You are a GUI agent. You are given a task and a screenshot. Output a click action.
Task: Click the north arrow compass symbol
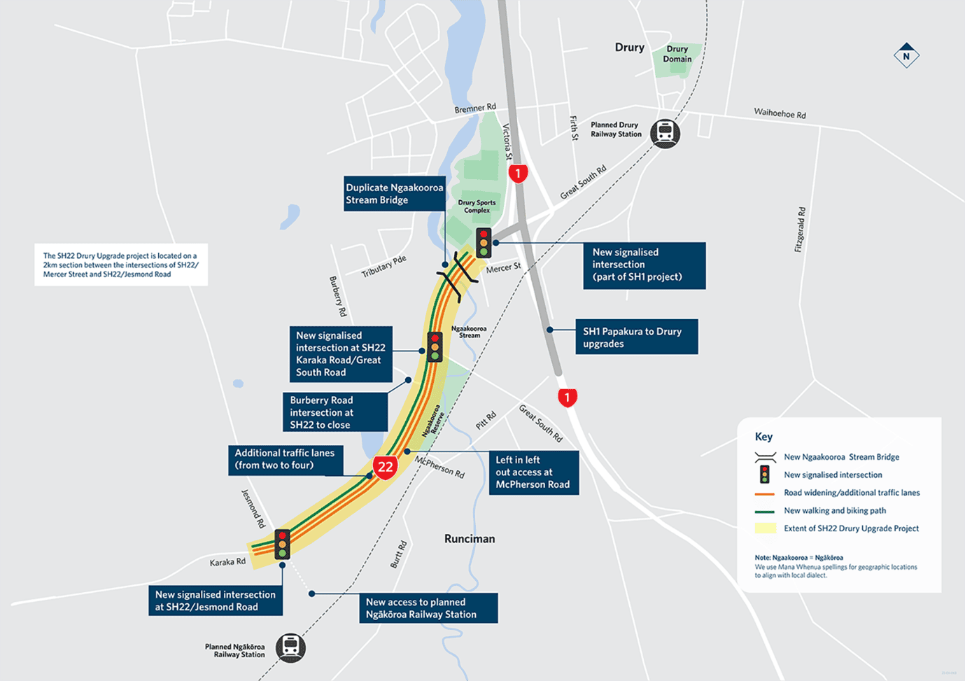pos(906,56)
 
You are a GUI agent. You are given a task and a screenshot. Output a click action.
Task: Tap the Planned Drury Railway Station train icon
pos(665,133)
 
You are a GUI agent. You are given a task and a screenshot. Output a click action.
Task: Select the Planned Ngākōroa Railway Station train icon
pos(290,647)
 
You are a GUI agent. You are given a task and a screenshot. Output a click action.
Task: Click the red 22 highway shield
pos(385,466)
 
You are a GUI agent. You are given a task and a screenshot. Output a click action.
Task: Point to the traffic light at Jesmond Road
pos(282,544)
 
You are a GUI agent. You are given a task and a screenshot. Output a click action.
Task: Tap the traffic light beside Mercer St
pos(484,242)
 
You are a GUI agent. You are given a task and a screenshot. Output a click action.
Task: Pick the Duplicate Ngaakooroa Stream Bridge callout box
pos(395,193)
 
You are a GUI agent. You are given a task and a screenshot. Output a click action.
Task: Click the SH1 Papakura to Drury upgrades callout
pos(636,337)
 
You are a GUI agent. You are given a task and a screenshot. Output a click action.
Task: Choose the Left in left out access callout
pos(533,472)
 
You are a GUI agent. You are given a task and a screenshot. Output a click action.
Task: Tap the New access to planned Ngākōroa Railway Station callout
pos(428,608)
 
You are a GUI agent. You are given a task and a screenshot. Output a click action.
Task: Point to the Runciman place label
pos(470,539)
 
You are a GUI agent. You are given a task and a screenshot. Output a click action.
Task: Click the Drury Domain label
pos(677,54)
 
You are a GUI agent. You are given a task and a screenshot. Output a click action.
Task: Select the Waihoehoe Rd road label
pos(780,113)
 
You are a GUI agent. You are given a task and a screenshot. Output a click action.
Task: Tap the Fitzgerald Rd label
pos(800,230)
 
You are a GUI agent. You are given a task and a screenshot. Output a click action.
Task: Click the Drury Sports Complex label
pos(477,206)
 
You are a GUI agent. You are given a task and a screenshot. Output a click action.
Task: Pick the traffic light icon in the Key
pos(765,475)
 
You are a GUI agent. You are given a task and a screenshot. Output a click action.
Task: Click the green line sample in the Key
pos(765,511)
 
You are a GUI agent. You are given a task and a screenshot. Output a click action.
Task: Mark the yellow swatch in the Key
pos(765,528)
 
